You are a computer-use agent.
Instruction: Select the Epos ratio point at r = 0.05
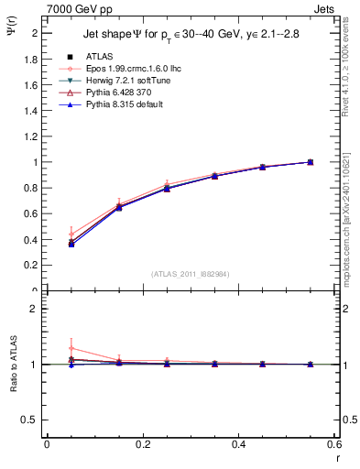(x=71, y=348)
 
